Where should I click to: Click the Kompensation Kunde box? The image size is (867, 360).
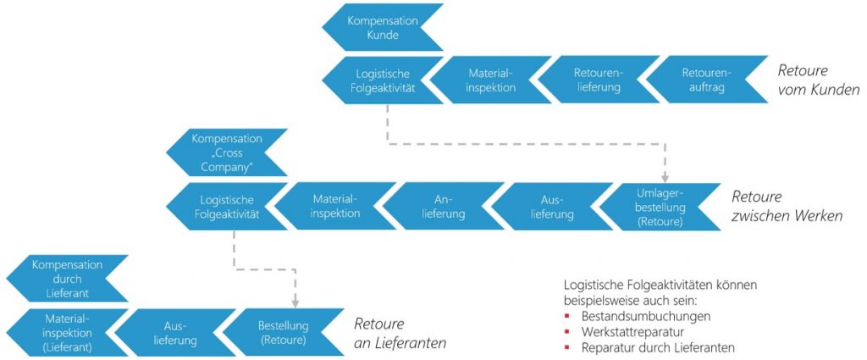tap(383, 28)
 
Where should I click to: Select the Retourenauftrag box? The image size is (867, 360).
tap(707, 80)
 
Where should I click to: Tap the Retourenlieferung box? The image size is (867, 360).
tap(599, 80)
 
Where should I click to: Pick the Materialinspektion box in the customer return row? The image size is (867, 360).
tap(491, 80)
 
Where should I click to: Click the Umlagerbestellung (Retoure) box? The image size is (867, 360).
tap(660, 207)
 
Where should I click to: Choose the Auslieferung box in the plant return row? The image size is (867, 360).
tap(552, 207)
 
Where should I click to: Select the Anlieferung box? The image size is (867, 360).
tap(444, 207)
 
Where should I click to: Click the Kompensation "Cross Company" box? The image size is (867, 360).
tap(227, 152)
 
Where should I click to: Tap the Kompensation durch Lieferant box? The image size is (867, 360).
tap(68, 278)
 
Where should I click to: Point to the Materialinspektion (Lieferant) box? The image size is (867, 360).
tap(68, 332)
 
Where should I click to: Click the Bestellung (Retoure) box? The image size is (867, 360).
tap(283, 332)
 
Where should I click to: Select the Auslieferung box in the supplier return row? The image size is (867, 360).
tap(175, 332)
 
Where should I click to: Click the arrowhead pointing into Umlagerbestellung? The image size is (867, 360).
tap(665, 178)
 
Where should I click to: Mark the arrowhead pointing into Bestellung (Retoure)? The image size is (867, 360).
tap(295, 303)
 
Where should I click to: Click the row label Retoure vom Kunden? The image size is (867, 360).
tap(819, 80)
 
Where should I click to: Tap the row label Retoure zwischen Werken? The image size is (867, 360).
tap(787, 207)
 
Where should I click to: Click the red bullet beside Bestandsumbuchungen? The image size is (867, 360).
tap(566, 317)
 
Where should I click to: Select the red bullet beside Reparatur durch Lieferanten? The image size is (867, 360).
tap(566, 348)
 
